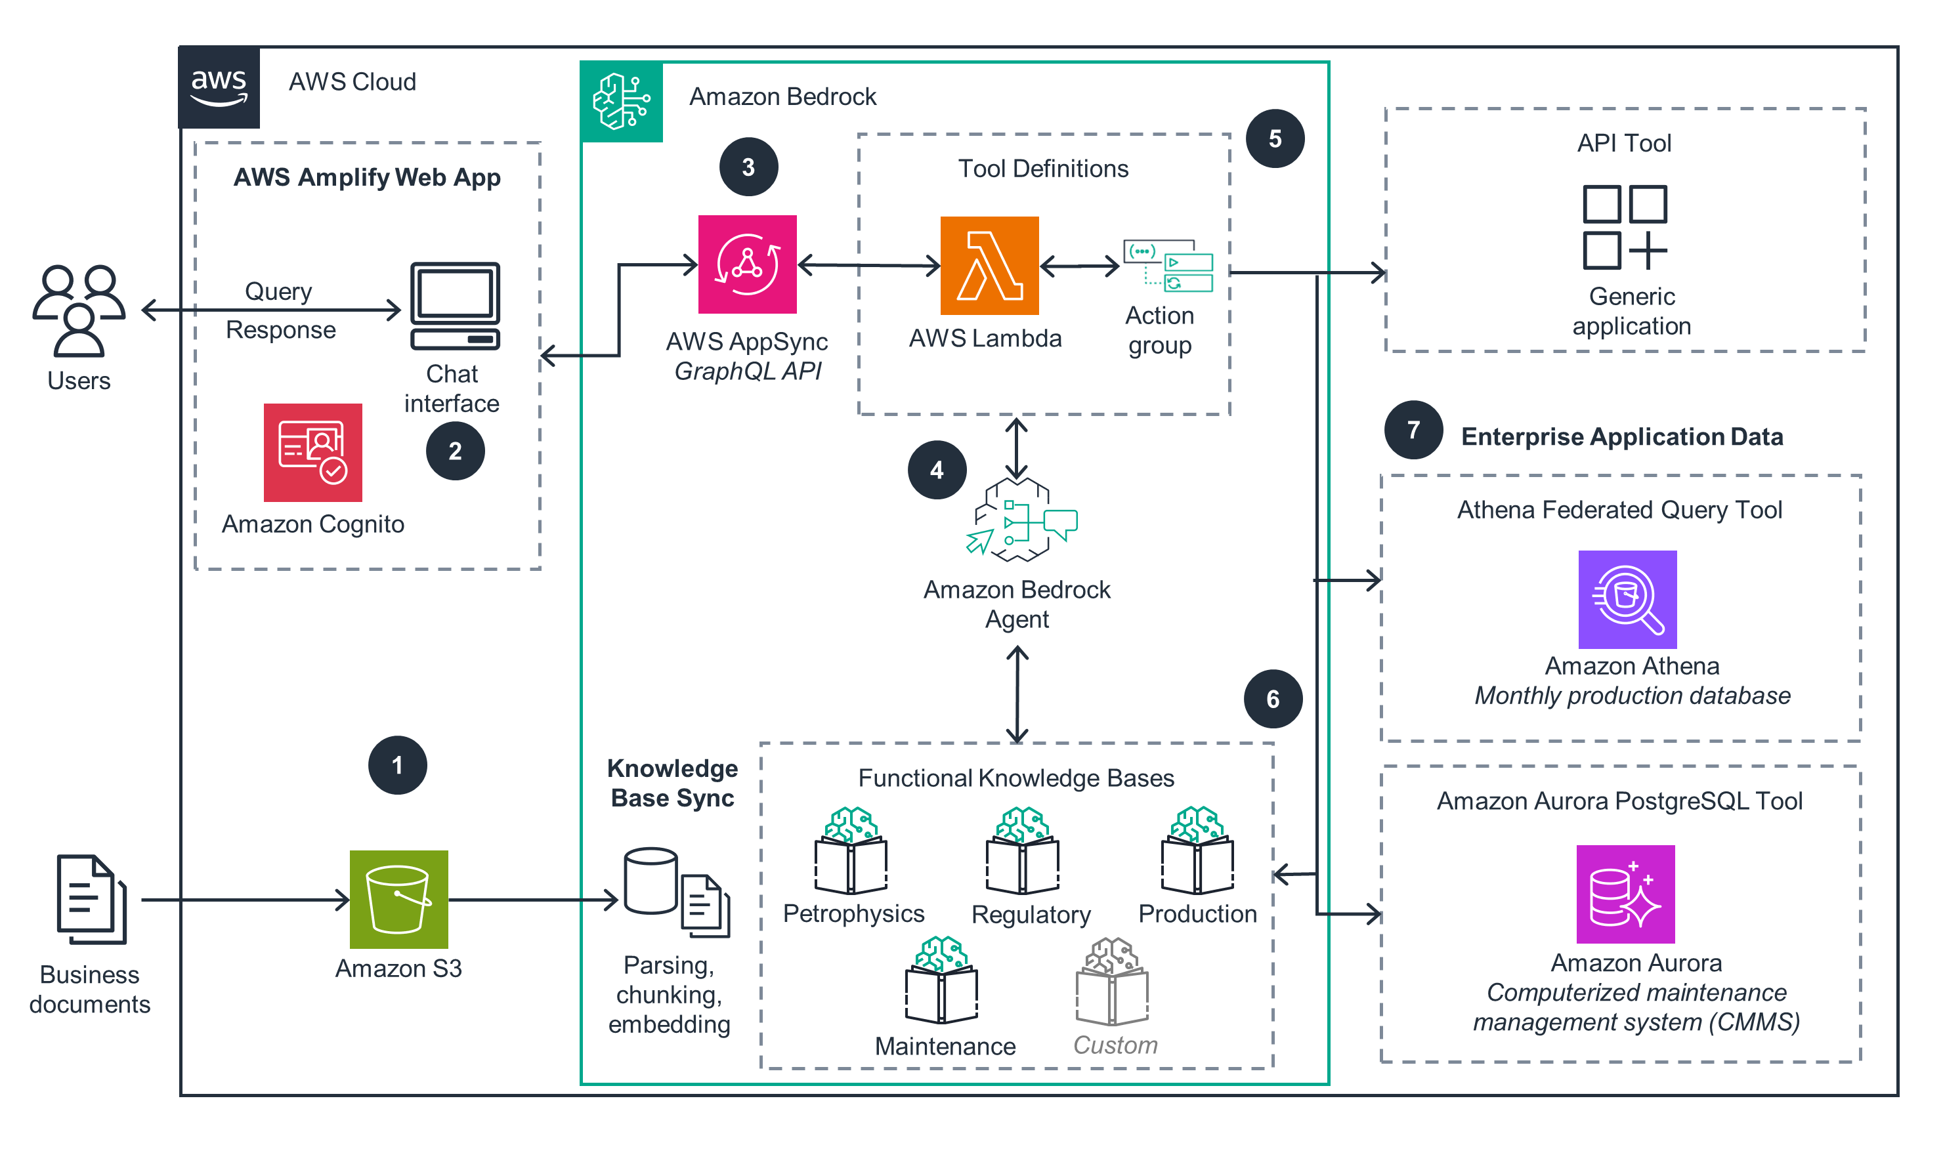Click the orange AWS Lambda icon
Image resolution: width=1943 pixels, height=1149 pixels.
pyautogui.click(x=989, y=266)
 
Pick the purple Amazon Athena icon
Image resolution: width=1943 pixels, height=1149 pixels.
pyautogui.click(x=1627, y=599)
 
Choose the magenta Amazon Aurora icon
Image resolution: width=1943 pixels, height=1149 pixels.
pyautogui.click(x=1625, y=894)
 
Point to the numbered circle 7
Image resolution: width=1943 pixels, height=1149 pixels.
pyautogui.click(x=1413, y=430)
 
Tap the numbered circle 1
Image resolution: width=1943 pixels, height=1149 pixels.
pyautogui.click(x=397, y=765)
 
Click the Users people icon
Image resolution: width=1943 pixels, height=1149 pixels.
pyautogui.click(x=78, y=310)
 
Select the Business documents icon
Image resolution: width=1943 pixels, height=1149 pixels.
pyautogui.click(x=91, y=899)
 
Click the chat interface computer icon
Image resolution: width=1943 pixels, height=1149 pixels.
pyautogui.click(x=455, y=306)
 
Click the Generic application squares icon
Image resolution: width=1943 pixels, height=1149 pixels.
pyautogui.click(x=1624, y=227)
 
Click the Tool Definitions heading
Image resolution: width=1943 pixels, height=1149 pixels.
pyautogui.click(x=1042, y=169)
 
